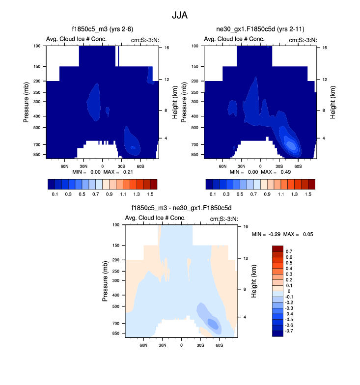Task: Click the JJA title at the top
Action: click(180, 15)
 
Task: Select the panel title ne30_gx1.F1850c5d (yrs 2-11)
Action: click(260, 29)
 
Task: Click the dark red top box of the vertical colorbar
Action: click(277, 248)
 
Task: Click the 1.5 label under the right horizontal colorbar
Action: click(308, 194)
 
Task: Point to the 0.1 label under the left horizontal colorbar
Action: click(55, 194)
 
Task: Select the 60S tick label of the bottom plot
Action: click(220, 345)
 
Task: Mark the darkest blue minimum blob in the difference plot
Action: click(212, 323)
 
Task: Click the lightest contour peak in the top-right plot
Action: click(291, 145)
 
